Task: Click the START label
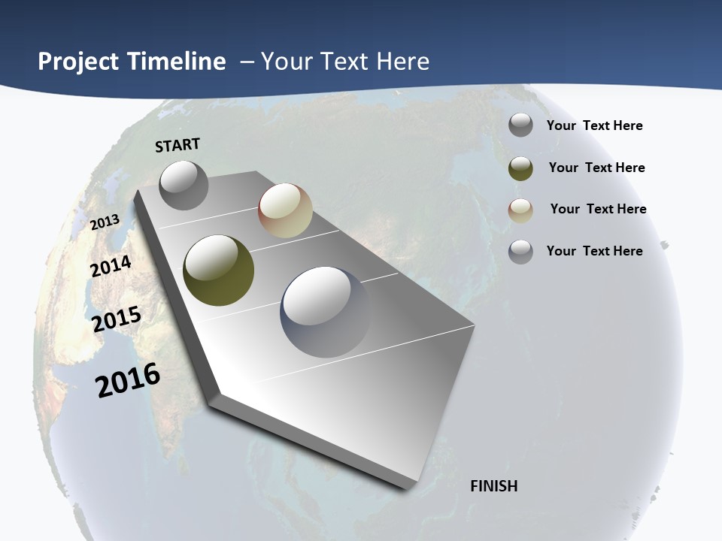(177, 145)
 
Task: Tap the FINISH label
(494, 486)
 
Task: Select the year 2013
(105, 222)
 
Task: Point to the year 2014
(111, 266)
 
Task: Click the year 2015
(117, 319)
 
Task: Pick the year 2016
(128, 380)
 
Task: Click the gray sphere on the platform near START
(184, 185)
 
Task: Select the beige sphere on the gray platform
(285, 210)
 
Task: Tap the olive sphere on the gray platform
(218, 270)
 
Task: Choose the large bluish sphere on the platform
(325, 311)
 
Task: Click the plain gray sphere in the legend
(520, 125)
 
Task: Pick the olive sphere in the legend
(520, 168)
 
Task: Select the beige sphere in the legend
(520, 210)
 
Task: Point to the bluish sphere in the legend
(520, 252)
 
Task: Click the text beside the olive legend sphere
(596, 168)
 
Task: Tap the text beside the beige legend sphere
(598, 209)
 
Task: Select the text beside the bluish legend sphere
(594, 251)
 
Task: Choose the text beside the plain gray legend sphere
(594, 125)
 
